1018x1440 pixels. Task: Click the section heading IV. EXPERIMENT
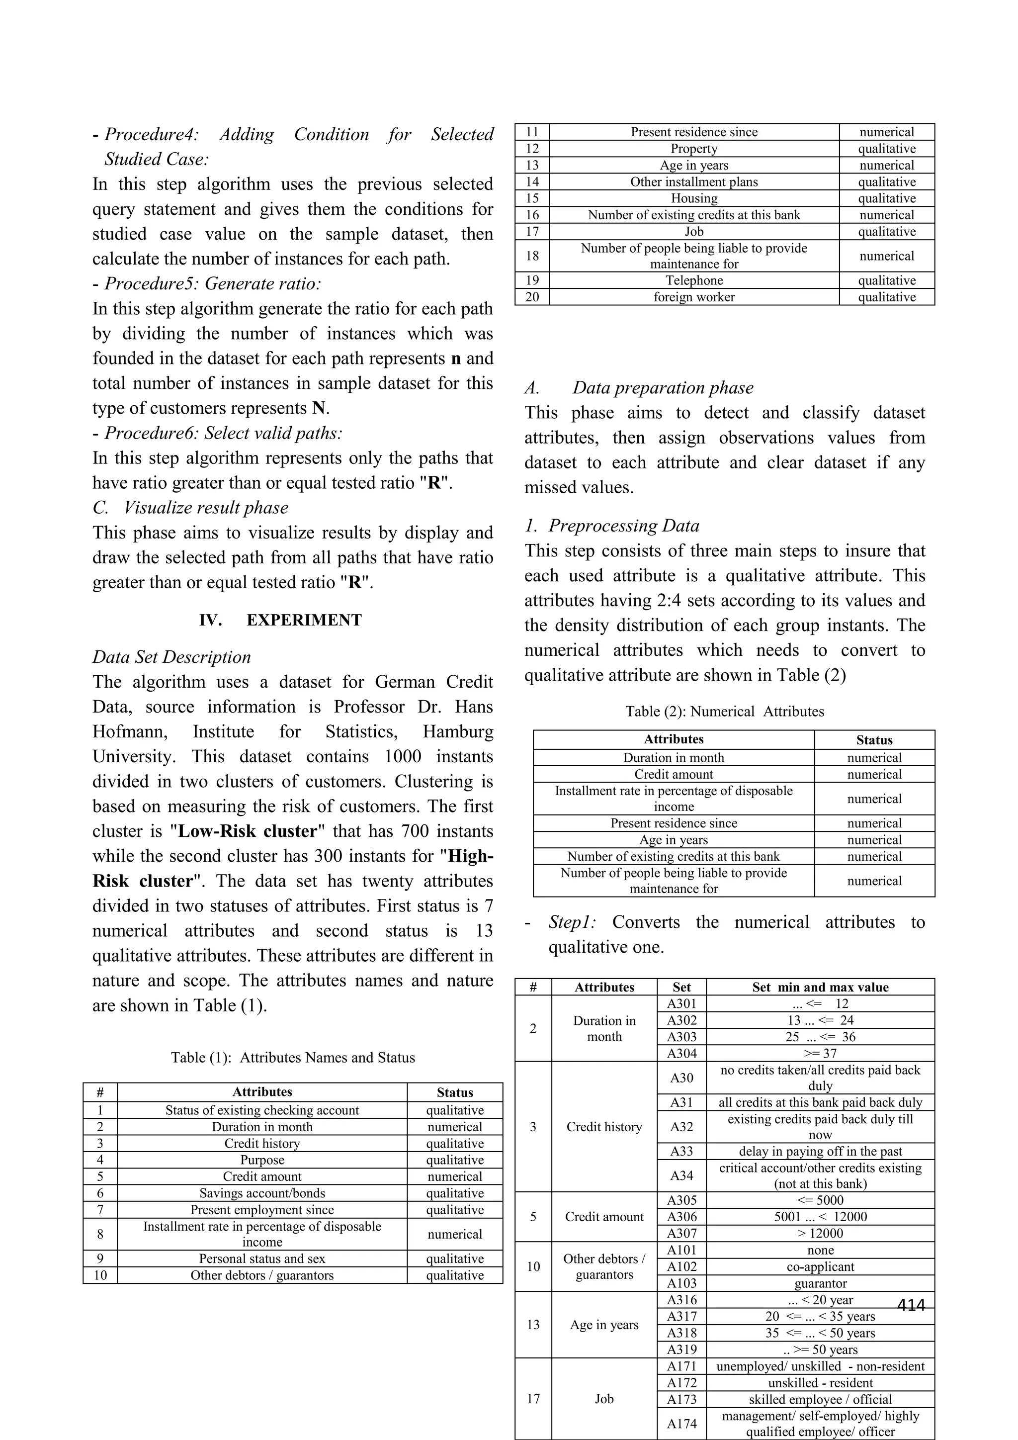point(280,620)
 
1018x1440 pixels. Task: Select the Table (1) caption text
point(293,1058)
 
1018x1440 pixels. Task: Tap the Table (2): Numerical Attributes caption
point(724,711)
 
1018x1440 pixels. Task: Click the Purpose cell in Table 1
point(262,1160)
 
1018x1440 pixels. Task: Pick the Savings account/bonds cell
point(262,1193)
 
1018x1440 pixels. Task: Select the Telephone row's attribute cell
point(694,280)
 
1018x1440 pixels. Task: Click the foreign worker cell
point(694,297)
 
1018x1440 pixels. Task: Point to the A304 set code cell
point(681,1054)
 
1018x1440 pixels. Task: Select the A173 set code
point(681,1399)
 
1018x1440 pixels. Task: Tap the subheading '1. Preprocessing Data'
point(612,526)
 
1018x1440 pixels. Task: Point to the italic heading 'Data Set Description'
point(172,657)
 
